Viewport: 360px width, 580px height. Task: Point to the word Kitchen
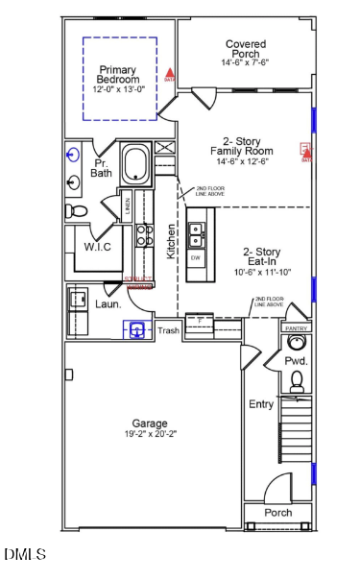point(172,241)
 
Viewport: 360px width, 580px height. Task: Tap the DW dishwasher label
point(196,258)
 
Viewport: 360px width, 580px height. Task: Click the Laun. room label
point(108,303)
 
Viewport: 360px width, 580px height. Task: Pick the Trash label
point(169,331)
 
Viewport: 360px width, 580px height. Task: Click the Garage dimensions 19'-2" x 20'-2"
point(150,434)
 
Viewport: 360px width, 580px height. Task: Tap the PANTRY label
point(296,328)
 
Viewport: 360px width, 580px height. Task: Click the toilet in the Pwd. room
point(297,382)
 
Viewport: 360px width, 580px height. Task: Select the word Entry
point(261,404)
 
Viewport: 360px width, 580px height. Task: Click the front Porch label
point(277,512)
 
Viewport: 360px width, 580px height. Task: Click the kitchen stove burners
point(143,236)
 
